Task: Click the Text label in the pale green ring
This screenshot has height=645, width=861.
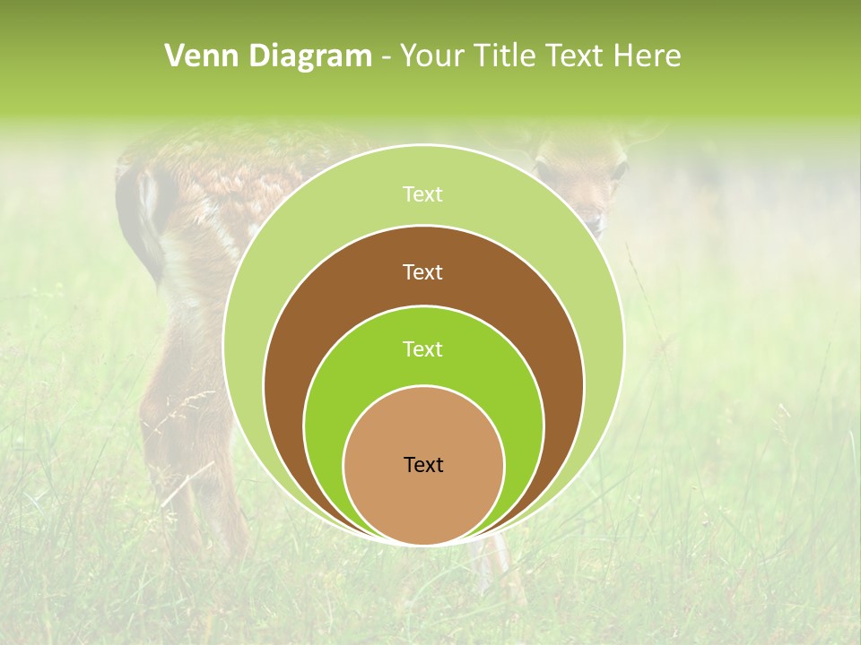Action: point(422,194)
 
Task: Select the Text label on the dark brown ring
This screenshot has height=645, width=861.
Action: point(422,271)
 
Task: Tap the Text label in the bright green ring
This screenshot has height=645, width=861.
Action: point(422,348)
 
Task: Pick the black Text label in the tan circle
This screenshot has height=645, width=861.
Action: point(423,464)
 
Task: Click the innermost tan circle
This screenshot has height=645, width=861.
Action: point(423,502)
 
